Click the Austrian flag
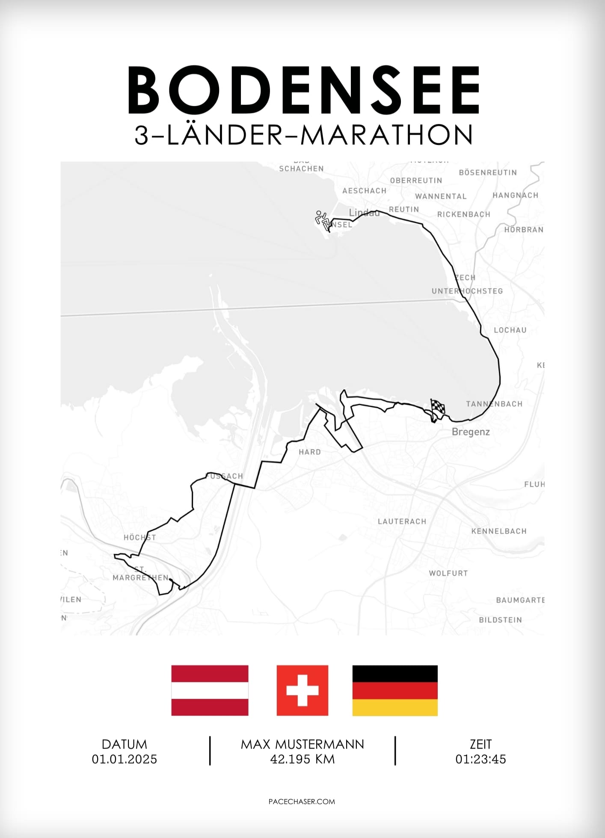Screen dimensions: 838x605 pos(210,690)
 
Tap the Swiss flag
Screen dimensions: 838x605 pos(302,690)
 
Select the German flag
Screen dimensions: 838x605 pos(395,690)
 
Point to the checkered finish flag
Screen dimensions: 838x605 pos(437,408)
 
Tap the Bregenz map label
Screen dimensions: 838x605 pos(471,432)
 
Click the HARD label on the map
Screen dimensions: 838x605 pos(310,452)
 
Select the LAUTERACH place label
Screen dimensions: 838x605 pos(402,521)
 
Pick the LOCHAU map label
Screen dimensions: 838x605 pos(510,330)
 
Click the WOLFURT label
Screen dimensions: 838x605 pos(448,573)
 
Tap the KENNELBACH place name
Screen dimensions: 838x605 pos(499,531)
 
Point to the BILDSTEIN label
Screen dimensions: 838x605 pos(500,619)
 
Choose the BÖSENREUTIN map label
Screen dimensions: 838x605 pos(488,172)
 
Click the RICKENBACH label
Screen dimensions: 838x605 pos(464,214)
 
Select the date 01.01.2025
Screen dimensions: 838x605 pos(125,759)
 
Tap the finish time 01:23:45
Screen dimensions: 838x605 pos(480,759)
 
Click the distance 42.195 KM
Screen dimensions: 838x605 pos(302,759)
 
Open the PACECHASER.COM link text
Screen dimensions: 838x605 pos(302,801)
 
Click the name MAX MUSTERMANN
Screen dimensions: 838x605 pos(302,744)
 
